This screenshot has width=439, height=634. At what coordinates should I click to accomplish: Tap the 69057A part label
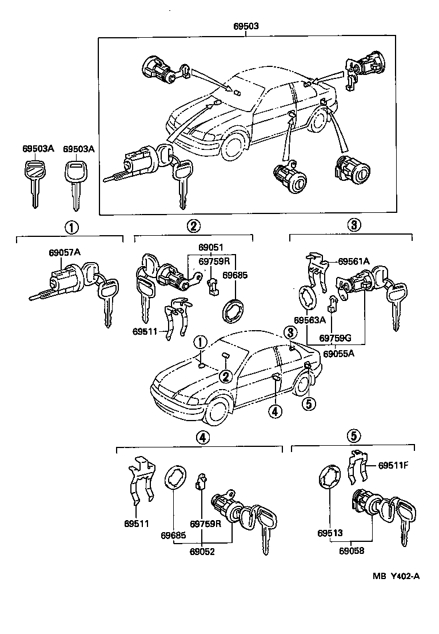[x=64, y=252]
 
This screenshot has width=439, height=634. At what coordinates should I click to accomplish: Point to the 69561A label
[x=353, y=261]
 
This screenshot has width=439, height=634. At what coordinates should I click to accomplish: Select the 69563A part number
[x=310, y=319]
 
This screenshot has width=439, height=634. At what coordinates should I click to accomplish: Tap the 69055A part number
[x=338, y=353]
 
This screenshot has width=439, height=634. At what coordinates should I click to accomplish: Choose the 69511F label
[x=393, y=465]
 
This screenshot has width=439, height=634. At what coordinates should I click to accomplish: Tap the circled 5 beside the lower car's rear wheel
[x=308, y=403]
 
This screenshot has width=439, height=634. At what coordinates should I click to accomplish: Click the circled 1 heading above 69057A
[x=71, y=227]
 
